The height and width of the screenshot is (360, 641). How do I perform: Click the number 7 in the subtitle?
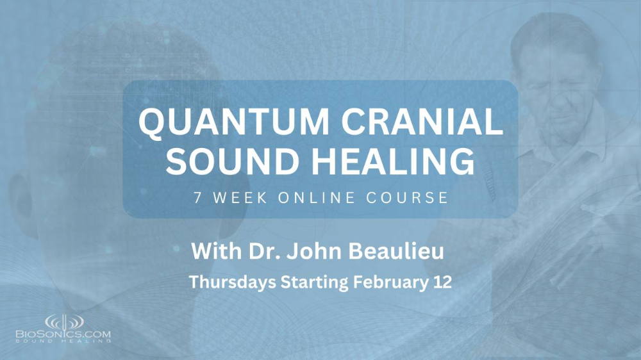point(196,197)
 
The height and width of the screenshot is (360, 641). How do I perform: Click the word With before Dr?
point(215,252)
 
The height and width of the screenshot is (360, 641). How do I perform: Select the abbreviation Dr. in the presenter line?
point(262,252)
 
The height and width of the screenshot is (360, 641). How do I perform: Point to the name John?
point(306,252)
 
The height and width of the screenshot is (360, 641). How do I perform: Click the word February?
point(387,282)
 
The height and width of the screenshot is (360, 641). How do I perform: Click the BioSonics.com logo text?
point(63,334)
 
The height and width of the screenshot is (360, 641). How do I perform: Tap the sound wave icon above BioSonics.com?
point(63,321)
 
